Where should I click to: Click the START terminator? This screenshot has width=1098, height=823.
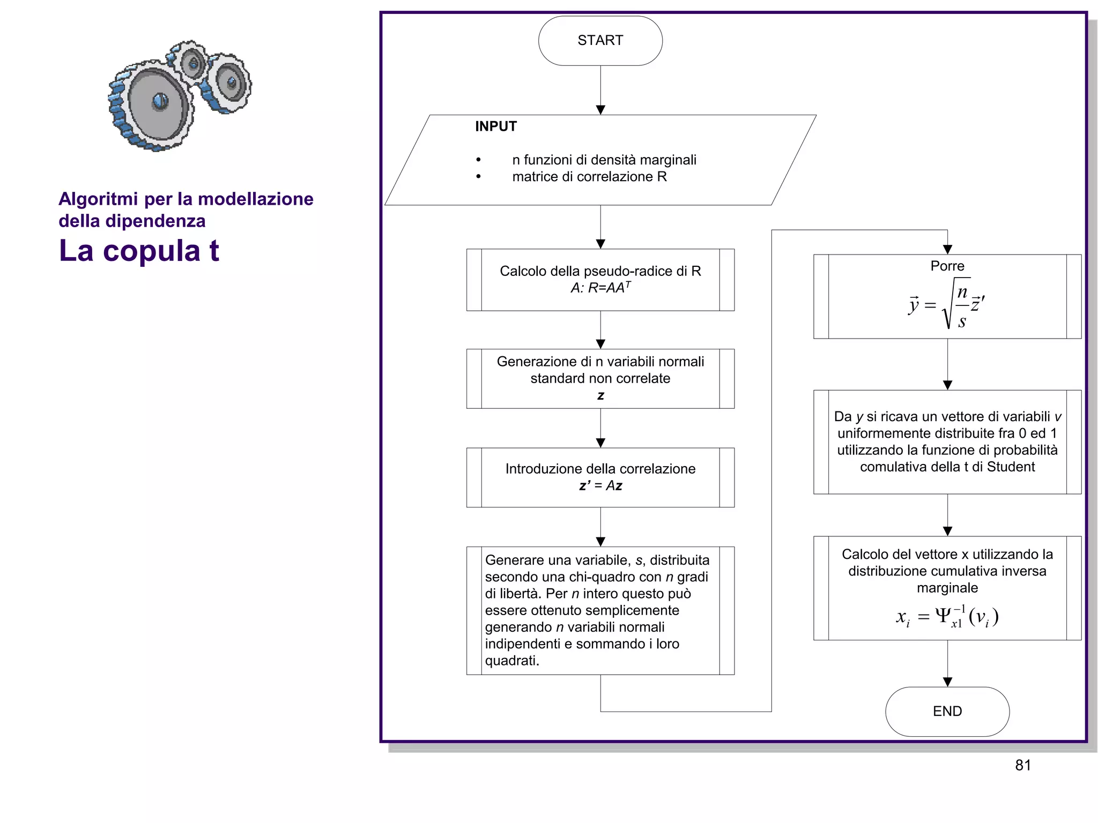[x=600, y=41]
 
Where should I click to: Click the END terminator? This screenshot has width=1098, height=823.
[x=947, y=711]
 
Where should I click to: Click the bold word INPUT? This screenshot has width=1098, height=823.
[x=495, y=126]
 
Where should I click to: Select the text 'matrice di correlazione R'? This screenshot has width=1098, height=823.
[x=589, y=177]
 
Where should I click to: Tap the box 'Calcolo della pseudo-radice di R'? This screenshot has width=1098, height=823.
[x=600, y=271]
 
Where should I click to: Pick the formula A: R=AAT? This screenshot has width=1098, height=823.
[x=600, y=288]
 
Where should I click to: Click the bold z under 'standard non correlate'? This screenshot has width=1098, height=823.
[x=600, y=395]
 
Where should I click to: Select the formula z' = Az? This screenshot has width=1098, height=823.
[x=600, y=485]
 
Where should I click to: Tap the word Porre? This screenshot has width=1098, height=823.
[x=947, y=266]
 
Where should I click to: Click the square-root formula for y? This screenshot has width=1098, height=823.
[x=947, y=305]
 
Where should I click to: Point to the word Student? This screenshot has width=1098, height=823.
[x=1011, y=467]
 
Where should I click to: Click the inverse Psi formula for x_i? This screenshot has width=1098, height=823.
[x=947, y=617]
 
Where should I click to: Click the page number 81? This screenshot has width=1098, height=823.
[x=1022, y=765]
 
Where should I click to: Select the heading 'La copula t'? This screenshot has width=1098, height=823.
[x=139, y=251]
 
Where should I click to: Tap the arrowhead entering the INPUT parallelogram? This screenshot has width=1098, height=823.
[x=600, y=110]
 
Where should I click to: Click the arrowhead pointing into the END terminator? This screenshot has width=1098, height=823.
[x=947, y=682]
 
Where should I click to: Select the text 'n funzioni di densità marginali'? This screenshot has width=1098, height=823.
[x=604, y=160]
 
